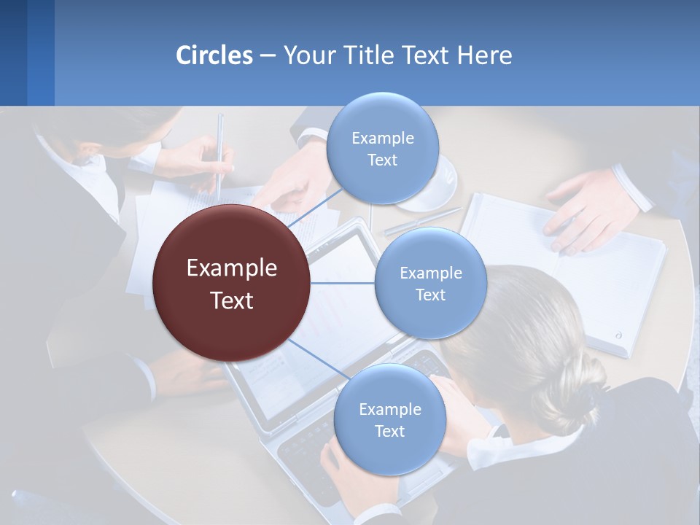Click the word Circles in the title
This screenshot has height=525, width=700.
click(x=214, y=55)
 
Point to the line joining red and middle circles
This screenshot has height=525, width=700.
click(x=343, y=283)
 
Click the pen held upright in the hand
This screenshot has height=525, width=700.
click(x=219, y=153)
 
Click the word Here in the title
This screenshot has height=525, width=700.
click(x=485, y=55)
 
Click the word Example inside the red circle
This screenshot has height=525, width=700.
click(x=232, y=268)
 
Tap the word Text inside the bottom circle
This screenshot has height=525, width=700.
click(x=389, y=432)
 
